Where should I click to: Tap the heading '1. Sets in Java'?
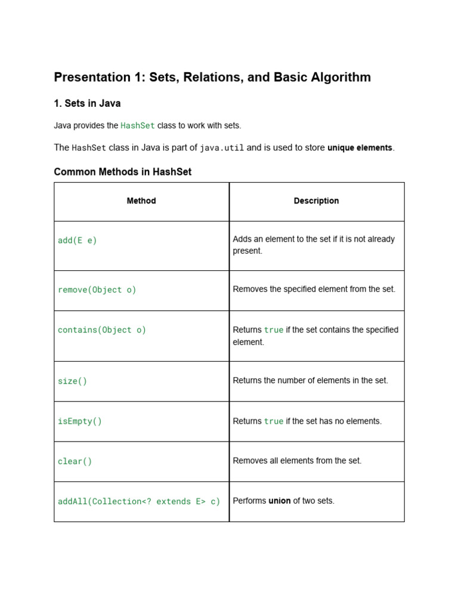tap(87, 103)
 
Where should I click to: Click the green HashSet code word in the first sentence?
tap(138, 125)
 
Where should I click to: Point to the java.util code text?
tap(222, 147)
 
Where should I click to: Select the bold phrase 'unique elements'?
tap(360, 147)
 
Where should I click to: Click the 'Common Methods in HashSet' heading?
tap(123, 172)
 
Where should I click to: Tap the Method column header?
tap(141, 201)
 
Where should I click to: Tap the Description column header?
tap(316, 201)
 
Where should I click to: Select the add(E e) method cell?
tap(78, 240)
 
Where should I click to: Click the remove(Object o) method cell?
tap(97, 290)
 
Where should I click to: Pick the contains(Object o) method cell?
tap(102, 330)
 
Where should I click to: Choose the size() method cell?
tap(72, 381)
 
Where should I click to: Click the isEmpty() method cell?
tap(80, 421)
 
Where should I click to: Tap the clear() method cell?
tap(75, 461)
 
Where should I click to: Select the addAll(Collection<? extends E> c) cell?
tap(139, 501)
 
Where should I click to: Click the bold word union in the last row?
tap(280, 501)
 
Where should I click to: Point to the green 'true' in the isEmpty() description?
tap(274, 421)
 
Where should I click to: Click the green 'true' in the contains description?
tap(274, 330)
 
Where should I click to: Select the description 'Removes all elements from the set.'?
tap(297, 461)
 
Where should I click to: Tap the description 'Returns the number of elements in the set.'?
tap(310, 380)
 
